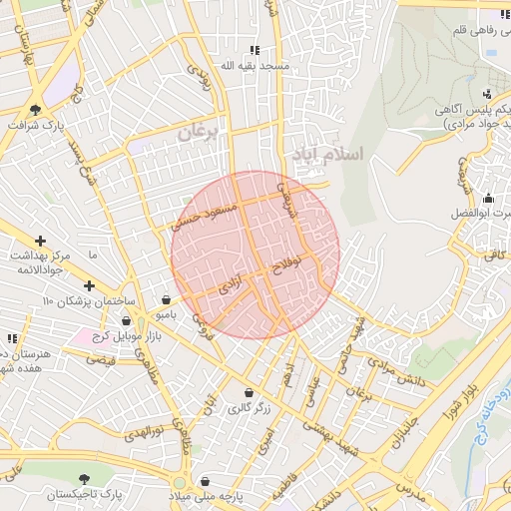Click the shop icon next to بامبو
coord(165,298)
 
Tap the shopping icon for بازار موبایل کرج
coord(127,320)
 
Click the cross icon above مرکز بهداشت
coord(40,241)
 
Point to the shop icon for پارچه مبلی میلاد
coord(206,481)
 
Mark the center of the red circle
coord(255,255)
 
